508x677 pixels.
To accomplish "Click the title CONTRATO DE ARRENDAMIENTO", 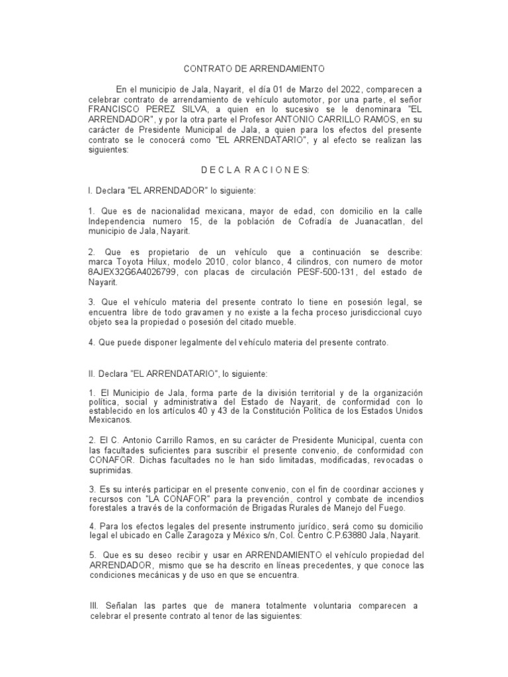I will pyautogui.click(x=254, y=68).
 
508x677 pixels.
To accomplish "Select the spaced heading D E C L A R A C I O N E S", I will pyautogui.click(x=255, y=170).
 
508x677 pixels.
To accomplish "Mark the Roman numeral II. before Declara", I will pyautogui.click(x=93, y=374).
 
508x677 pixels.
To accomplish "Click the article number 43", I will pyautogui.click(x=237, y=410).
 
